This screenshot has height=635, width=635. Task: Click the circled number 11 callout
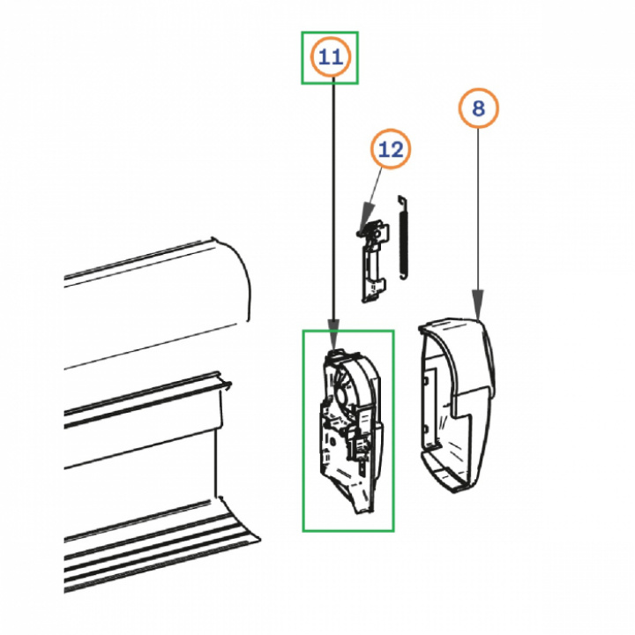click(x=330, y=57)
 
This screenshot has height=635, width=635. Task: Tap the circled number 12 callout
click(x=391, y=149)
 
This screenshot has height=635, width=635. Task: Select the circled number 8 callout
click(x=478, y=108)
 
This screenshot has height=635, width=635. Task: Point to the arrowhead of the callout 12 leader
click(x=368, y=212)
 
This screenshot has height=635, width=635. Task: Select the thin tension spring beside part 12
click(x=403, y=238)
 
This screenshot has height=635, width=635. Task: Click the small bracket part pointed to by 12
click(x=373, y=261)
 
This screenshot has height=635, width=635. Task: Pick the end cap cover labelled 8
click(x=457, y=405)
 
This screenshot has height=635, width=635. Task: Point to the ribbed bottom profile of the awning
click(x=162, y=550)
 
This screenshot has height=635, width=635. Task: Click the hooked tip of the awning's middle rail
click(x=228, y=385)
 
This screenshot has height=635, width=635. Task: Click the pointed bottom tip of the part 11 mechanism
click(x=357, y=512)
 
